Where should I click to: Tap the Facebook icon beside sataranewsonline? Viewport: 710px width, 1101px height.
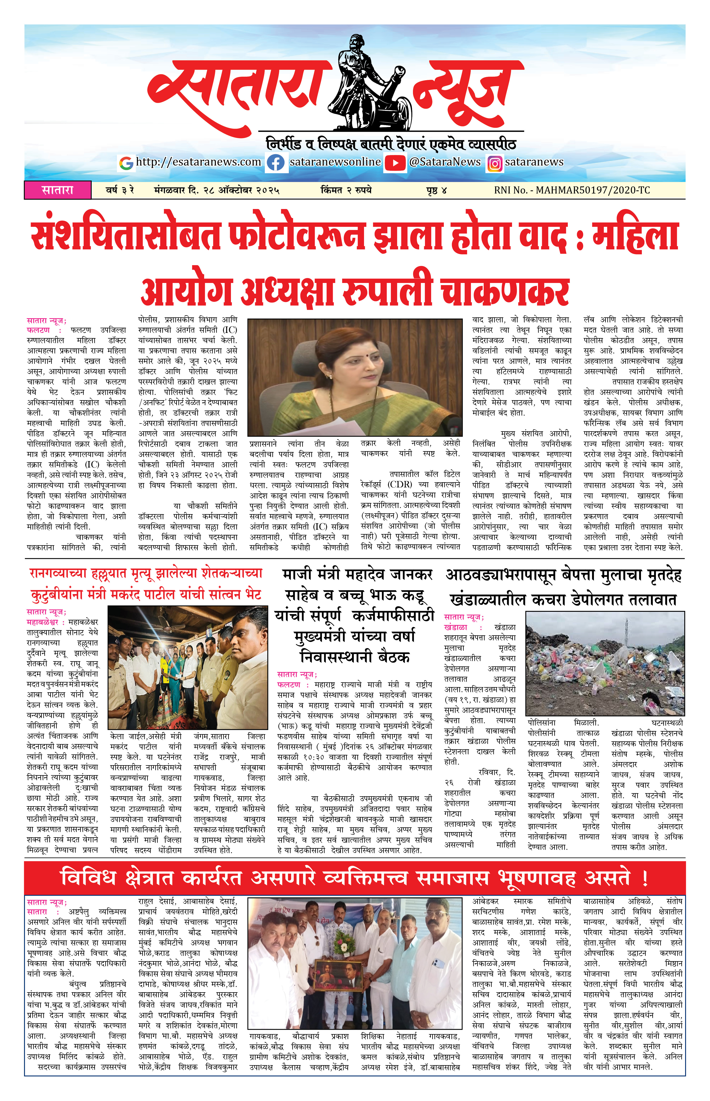276,163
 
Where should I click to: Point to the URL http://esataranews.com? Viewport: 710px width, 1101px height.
198,162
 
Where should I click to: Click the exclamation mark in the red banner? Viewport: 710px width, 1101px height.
644,878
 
